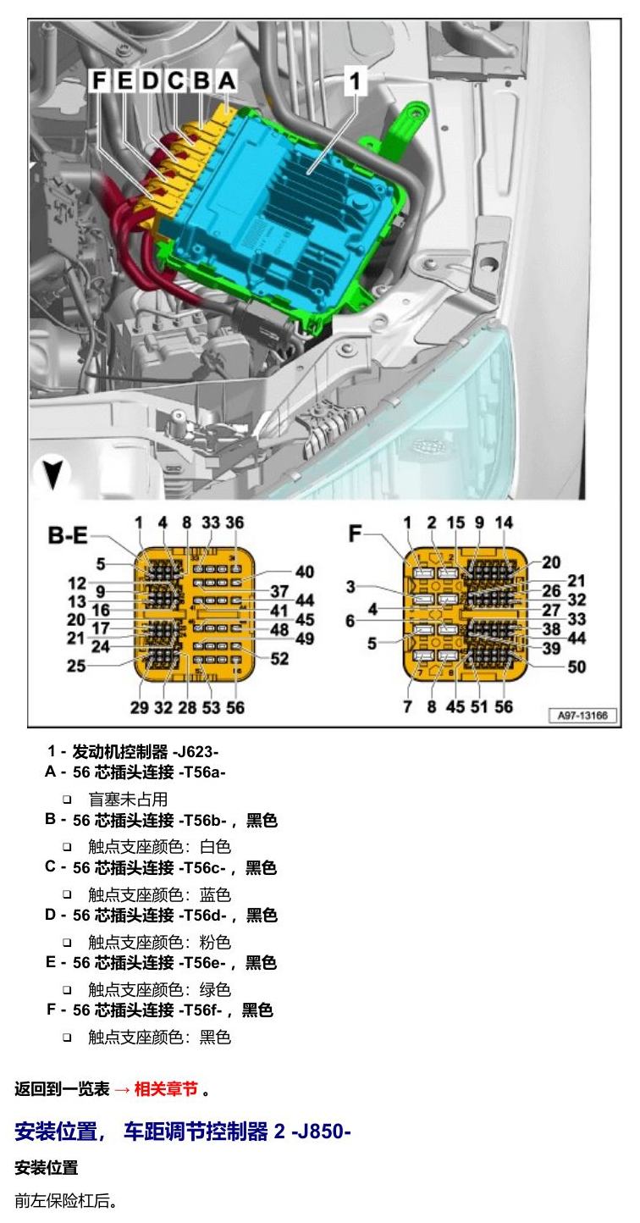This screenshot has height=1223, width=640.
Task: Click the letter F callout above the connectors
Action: click(100, 80)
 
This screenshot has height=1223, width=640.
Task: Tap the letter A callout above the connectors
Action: click(227, 80)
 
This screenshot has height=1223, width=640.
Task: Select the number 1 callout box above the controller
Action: click(356, 80)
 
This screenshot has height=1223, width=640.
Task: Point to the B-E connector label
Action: click(68, 535)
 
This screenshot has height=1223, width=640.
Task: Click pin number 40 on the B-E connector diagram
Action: click(305, 572)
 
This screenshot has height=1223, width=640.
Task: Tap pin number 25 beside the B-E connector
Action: click(76, 666)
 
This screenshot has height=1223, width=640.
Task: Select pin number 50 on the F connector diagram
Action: click(577, 667)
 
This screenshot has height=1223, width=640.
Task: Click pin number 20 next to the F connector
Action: click(551, 562)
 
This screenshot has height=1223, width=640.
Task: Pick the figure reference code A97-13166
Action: click(582, 715)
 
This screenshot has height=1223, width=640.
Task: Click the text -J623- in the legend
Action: click(196, 752)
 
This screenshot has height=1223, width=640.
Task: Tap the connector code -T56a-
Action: click(201, 772)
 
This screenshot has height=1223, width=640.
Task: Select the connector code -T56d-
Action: click(202, 915)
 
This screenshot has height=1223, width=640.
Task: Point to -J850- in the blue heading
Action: click(321, 1131)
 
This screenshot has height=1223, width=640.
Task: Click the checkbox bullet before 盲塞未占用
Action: click(67, 800)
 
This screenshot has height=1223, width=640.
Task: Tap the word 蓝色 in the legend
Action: click(215, 895)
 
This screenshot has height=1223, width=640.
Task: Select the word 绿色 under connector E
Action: click(215, 990)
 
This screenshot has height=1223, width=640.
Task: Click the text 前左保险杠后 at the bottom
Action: click(62, 1201)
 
